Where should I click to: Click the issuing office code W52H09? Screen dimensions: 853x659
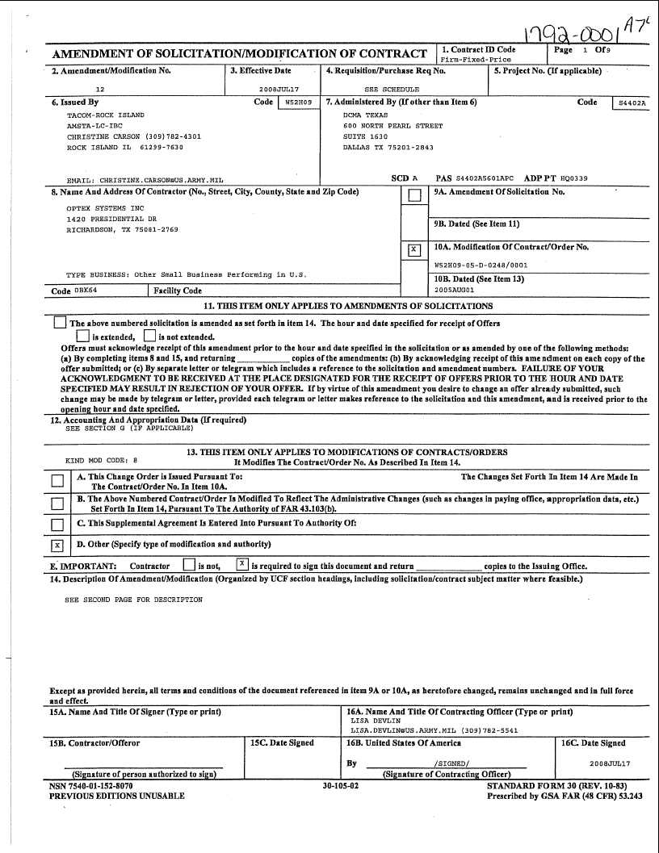(x=292, y=103)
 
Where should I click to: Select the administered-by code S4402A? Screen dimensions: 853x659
(x=632, y=104)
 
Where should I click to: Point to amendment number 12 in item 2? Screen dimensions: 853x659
(x=100, y=90)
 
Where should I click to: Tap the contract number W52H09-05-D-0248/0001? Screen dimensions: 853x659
(x=481, y=264)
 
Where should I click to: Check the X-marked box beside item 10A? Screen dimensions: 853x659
(x=414, y=250)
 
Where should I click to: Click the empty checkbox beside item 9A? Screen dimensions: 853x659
(x=414, y=195)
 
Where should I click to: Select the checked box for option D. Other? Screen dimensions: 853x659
(x=57, y=546)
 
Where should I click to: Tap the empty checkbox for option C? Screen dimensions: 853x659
(x=57, y=525)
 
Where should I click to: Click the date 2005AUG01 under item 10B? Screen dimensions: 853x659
(x=455, y=289)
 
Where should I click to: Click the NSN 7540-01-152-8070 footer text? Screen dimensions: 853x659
(x=91, y=785)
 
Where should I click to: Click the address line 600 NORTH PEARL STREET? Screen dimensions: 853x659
(x=392, y=127)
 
